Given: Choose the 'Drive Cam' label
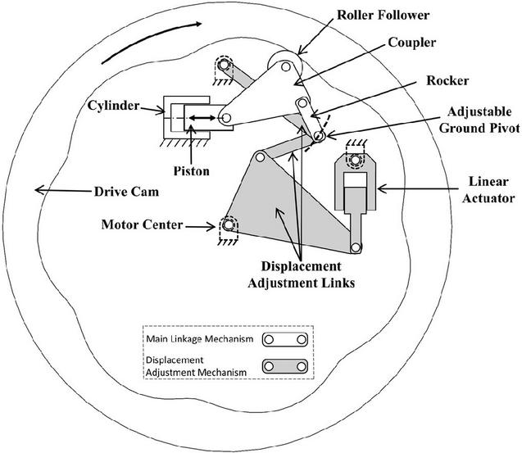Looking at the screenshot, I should (91, 193).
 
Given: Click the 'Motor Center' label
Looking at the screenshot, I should (140, 223).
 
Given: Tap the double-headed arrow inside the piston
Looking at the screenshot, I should (200, 120).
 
